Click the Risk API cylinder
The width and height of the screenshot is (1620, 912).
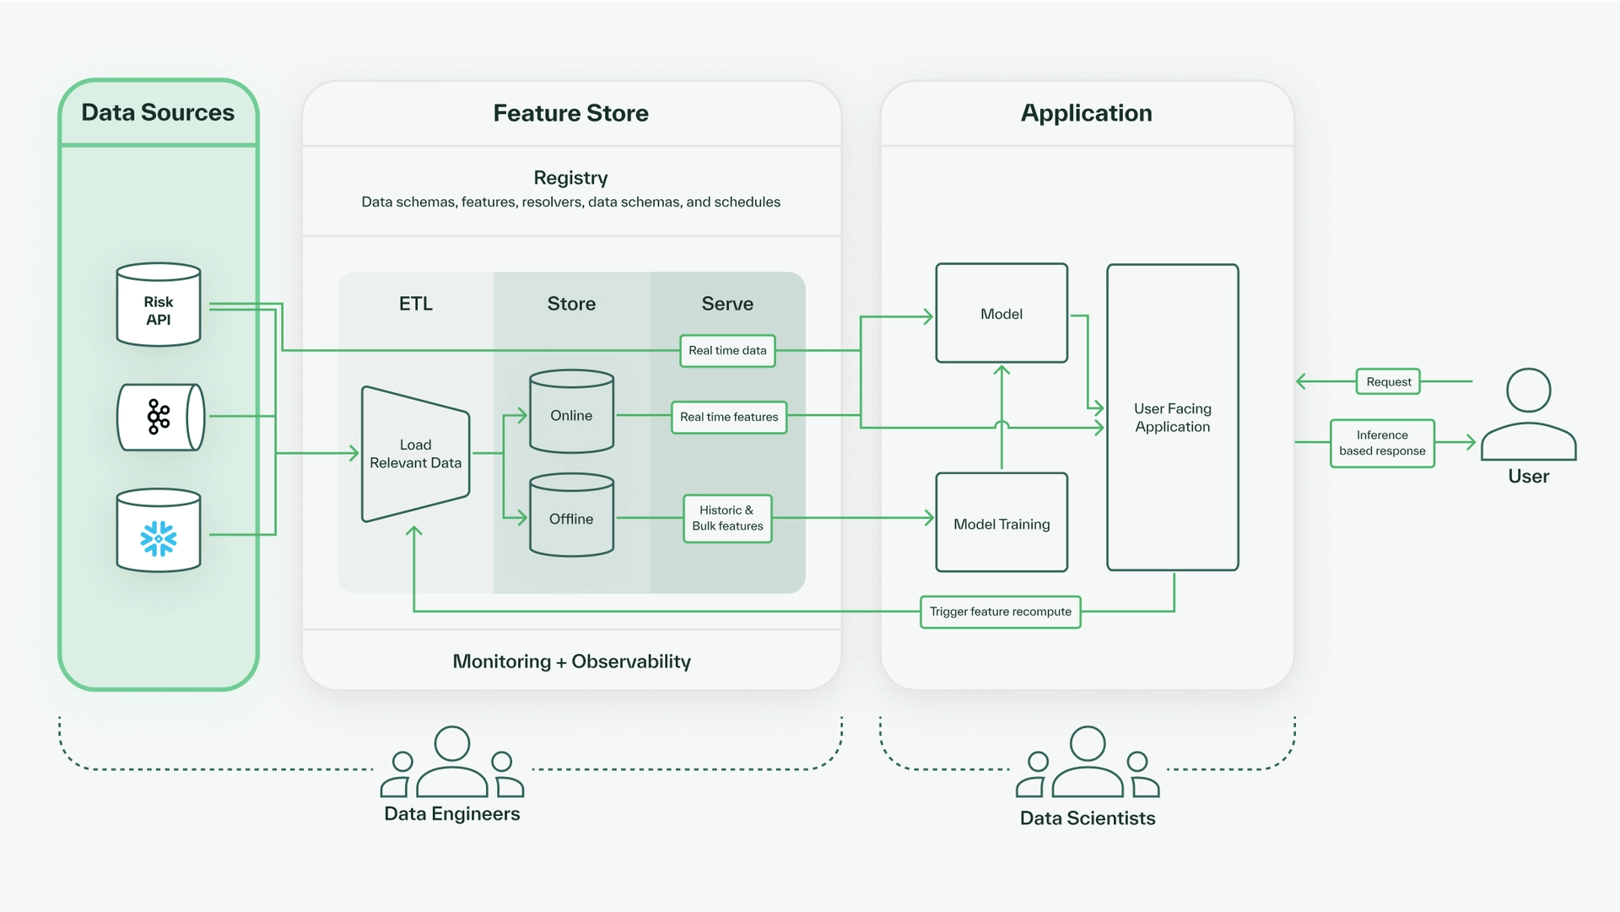[159, 305]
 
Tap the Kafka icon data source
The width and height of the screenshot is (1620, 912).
[159, 417]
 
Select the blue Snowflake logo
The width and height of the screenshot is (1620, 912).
[159, 538]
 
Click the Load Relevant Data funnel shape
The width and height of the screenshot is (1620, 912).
[415, 454]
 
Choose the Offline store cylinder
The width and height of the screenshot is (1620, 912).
[571, 515]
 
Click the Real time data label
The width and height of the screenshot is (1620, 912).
[727, 351]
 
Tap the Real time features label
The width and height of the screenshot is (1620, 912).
[729, 417]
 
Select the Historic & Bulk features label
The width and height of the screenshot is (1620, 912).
[727, 518]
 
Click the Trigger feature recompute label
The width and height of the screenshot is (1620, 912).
[1000, 612]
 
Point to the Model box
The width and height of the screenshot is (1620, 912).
[1002, 314]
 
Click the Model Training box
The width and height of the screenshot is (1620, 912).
[1002, 523]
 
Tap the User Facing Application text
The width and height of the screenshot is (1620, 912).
[1172, 418]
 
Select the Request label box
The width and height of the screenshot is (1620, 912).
[1388, 382]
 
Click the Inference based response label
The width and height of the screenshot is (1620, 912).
[1382, 443]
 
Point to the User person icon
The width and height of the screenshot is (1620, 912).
[1528, 414]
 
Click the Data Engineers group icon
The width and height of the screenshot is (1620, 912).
[452, 764]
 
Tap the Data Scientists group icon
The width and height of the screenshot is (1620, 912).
[1088, 764]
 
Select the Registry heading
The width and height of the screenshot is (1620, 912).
[570, 178]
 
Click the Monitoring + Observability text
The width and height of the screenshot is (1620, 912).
[571, 661]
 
